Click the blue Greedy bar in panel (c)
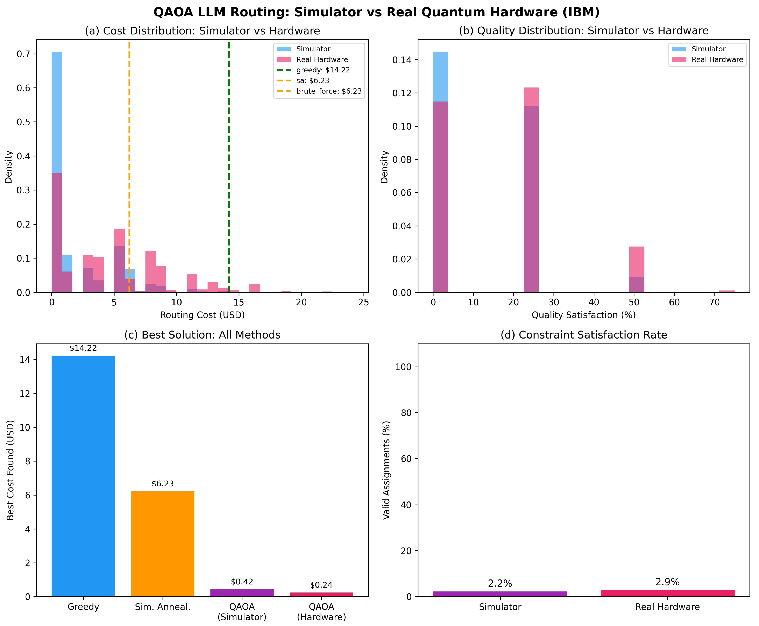[x=83, y=476]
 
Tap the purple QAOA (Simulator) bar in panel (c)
[x=242, y=593]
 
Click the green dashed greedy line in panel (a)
[x=229, y=162]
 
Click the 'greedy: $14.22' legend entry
[x=323, y=70]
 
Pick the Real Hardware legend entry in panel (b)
[x=717, y=59]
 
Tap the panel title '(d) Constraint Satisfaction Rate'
[x=583, y=335]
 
